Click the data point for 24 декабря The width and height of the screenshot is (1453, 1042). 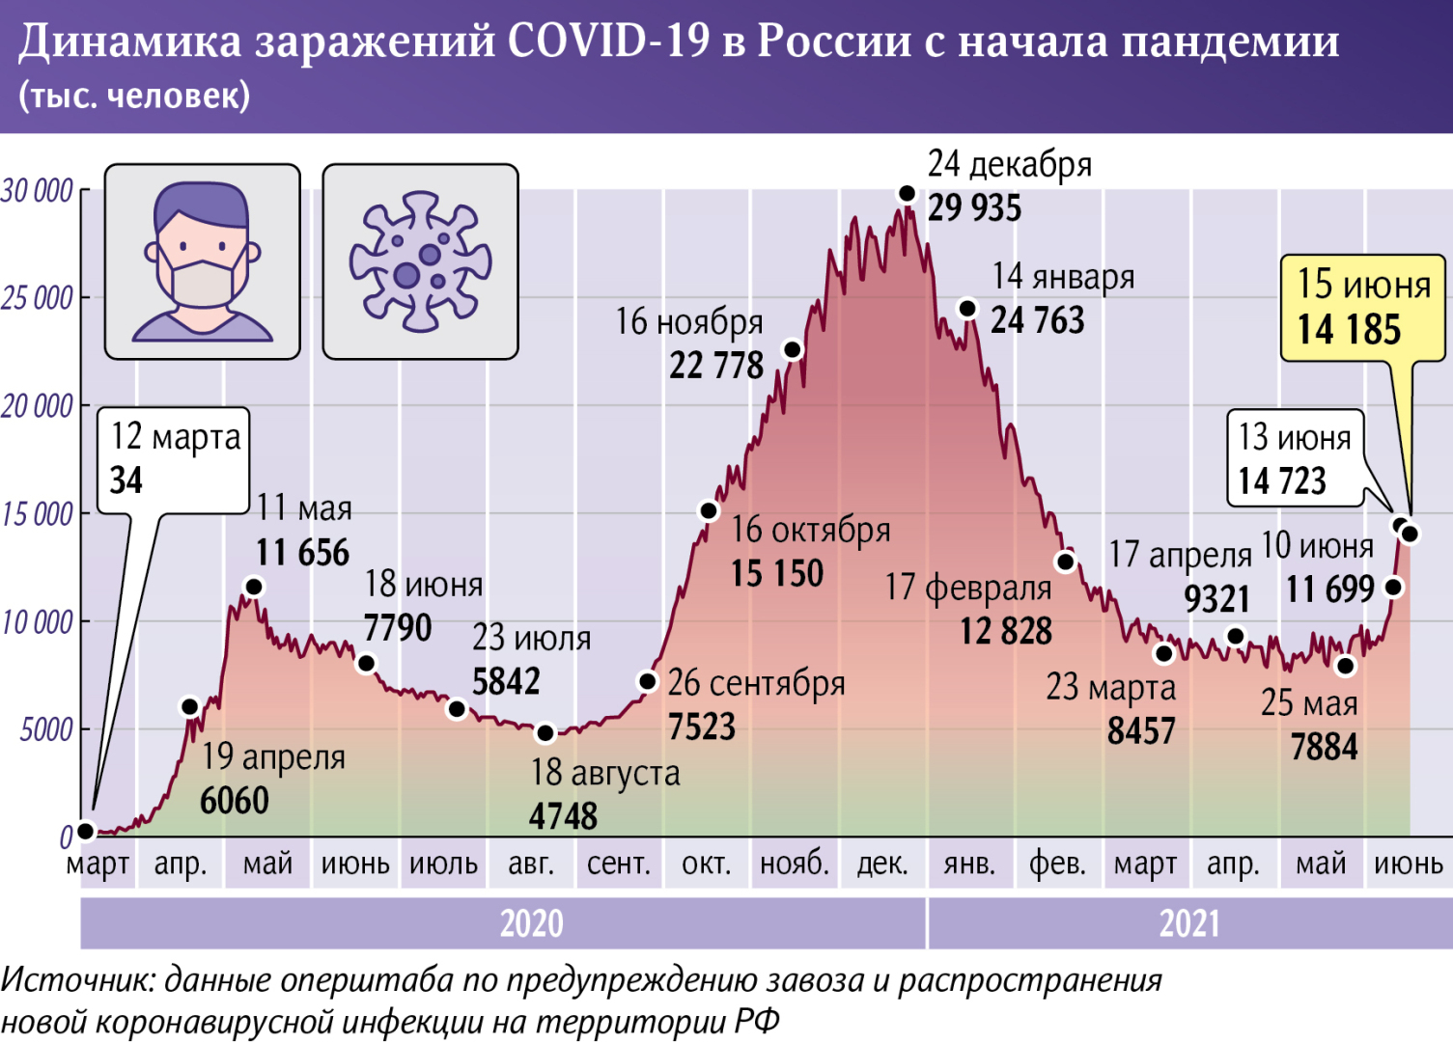pos(907,194)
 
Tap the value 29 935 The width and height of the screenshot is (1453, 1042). pos(974,208)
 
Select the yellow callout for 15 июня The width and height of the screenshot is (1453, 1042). pos(1362,309)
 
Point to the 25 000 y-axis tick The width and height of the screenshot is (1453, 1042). pos(38,298)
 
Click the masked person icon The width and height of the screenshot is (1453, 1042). pos(203,261)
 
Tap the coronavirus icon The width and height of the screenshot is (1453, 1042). pos(420,261)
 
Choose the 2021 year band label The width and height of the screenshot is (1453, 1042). pos(1188,923)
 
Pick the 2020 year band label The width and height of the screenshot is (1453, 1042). pos(531,923)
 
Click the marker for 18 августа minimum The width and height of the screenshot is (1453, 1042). pos(545,733)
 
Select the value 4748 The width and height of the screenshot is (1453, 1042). pos(563,816)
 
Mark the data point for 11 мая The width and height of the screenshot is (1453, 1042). pos(254,587)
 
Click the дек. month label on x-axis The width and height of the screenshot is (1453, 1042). pos(882,864)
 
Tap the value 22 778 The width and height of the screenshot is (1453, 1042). pos(716,366)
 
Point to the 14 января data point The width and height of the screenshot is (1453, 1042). pos(967,309)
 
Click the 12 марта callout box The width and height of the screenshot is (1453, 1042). pos(175,459)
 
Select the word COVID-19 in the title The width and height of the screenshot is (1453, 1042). pos(608,41)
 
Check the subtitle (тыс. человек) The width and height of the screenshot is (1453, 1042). pos(134,96)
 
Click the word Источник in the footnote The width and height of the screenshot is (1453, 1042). pos(76,980)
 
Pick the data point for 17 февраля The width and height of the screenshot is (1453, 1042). pos(1066,562)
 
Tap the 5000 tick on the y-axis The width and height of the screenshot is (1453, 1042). pos(46,729)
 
